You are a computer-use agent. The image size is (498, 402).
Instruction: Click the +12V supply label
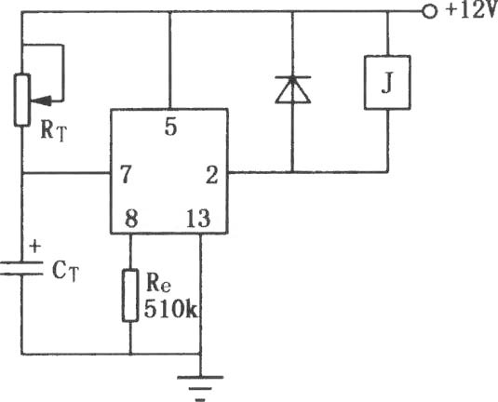point(472,11)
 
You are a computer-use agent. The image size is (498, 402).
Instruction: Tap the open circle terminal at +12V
point(429,12)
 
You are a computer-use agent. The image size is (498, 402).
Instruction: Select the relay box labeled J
point(387,83)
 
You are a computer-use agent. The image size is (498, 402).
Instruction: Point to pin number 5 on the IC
point(171,127)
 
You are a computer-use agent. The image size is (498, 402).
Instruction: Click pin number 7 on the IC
point(126,174)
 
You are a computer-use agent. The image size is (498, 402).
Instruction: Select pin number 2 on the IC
point(212,175)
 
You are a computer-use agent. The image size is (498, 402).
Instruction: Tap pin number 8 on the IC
point(131,218)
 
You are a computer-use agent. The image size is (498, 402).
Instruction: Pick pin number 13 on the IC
point(198,219)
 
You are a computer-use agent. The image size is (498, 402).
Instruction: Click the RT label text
point(54,131)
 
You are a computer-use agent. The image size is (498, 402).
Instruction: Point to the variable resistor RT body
point(22,100)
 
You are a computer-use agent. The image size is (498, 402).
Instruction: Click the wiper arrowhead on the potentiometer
point(40,101)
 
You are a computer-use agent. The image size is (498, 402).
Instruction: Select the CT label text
point(65,271)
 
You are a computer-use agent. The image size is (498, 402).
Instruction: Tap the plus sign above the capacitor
point(35,247)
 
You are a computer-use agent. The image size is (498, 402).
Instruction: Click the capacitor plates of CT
point(21,268)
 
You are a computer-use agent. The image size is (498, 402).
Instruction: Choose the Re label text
point(158,282)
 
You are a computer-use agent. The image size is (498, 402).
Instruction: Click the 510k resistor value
point(171,308)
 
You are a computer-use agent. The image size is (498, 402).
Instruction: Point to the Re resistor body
point(130,295)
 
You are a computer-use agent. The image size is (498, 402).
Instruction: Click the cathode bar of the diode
point(292,77)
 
